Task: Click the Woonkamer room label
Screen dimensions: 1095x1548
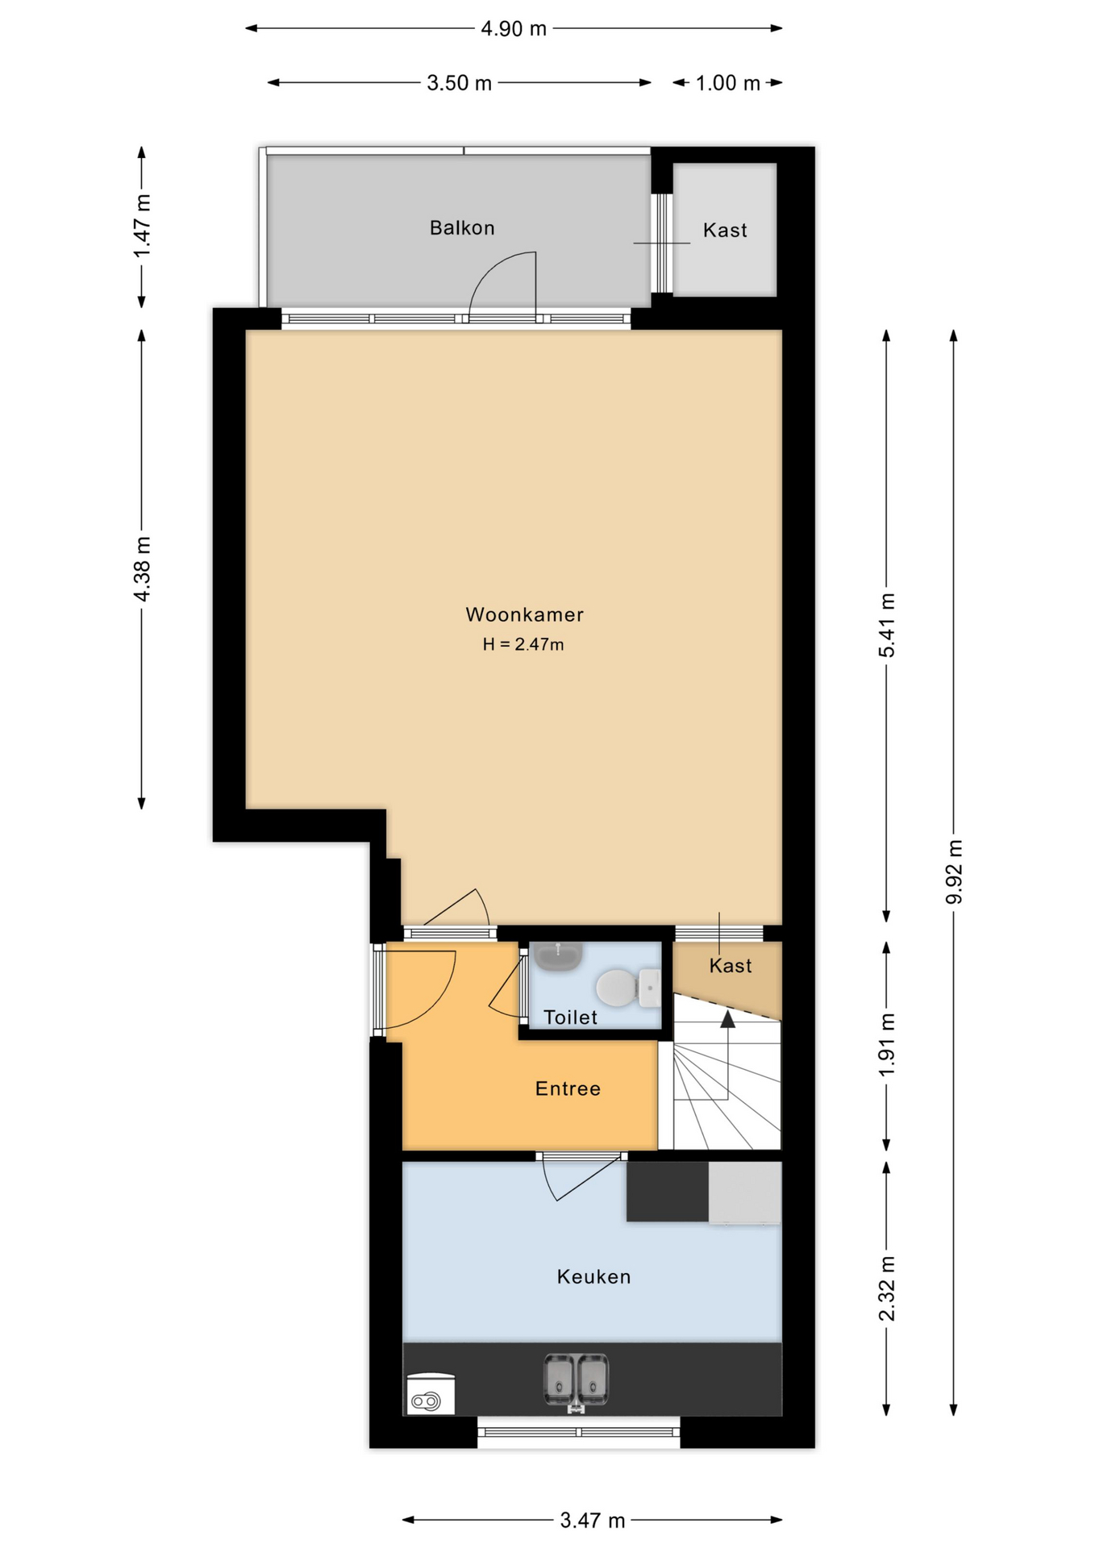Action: point(524,614)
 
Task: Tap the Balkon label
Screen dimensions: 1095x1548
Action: point(462,228)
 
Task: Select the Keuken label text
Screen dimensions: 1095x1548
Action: point(593,1276)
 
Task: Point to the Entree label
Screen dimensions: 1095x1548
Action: point(568,1088)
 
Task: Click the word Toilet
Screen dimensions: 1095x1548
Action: point(570,1017)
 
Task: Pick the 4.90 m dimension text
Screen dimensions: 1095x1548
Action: point(514,29)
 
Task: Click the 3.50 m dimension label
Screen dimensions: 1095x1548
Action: point(459,83)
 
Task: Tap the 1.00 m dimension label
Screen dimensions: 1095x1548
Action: point(727,83)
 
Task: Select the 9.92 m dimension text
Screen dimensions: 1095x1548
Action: point(954,872)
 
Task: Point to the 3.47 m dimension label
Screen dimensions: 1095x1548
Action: point(593,1521)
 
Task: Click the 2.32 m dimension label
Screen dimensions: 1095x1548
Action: point(886,1289)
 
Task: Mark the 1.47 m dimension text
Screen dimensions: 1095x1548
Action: point(142,227)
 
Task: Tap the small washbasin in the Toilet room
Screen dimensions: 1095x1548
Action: point(558,956)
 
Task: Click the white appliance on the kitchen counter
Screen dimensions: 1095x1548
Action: point(431,1393)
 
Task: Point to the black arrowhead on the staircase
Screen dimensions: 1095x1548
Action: point(727,1020)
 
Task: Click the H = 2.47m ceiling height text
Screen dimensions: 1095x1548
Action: point(523,644)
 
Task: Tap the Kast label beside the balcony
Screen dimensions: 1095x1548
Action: point(725,231)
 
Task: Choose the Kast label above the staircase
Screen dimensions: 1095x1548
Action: point(731,966)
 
